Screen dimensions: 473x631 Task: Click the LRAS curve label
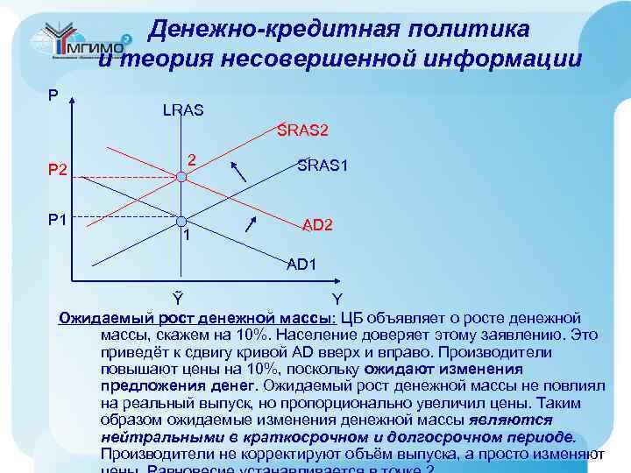pyautogui.click(x=183, y=110)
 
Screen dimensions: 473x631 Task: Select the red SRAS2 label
pyautogui.click(x=302, y=131)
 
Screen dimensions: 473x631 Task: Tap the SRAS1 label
pyautogui.click(x=323, y=164)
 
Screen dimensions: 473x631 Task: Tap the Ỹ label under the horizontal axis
pyautogui.click(x=177, y=299)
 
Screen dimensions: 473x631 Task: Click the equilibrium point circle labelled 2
pyautogui.click(x=181, y=177)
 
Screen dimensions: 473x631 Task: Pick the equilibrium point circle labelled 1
pyautogui.click(x=181, y=222)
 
